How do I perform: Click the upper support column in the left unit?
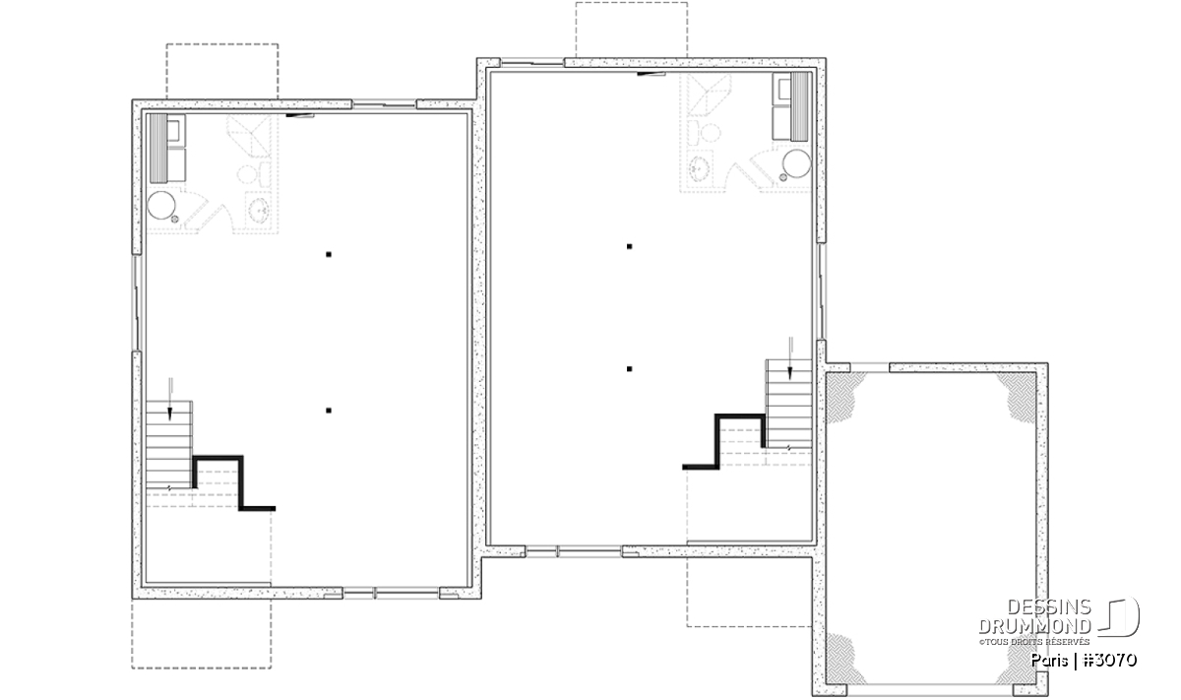329,254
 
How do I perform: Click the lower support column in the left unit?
329,411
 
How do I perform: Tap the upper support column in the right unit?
629,246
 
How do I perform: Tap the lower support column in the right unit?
629,369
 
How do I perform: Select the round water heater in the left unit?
161,205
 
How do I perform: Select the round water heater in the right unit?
796,163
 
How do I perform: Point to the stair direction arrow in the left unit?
169,399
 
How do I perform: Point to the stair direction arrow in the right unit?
789,358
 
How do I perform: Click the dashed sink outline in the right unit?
701,167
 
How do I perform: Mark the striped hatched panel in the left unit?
158,149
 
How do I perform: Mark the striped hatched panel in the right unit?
800,106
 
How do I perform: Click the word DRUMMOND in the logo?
1034,626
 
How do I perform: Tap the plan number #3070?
1109,660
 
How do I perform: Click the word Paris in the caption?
1049,661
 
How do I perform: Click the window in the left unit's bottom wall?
392,594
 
